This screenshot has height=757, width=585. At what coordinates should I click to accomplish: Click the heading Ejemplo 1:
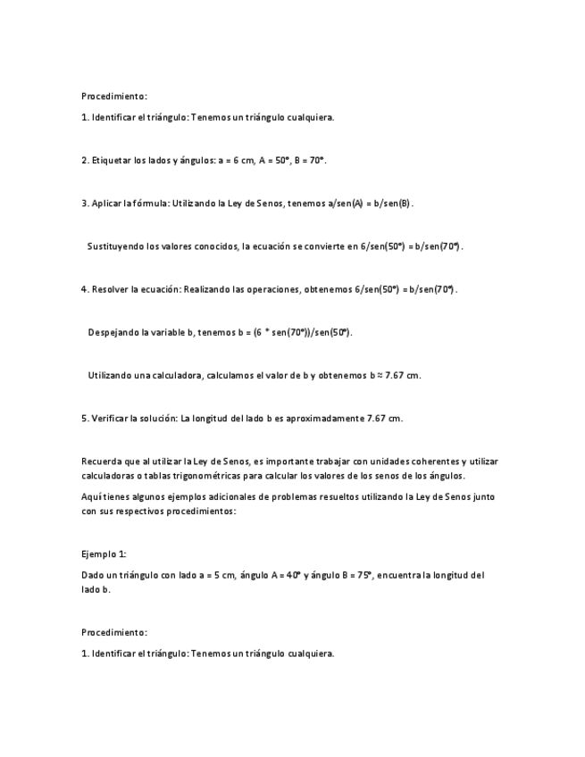tap(104, 553)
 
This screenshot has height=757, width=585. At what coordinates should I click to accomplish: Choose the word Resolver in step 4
tap(110, 289)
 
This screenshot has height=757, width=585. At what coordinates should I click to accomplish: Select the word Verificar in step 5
tap(110, 418)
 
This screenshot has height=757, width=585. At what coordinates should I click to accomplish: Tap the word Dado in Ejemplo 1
tap(92, 575)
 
